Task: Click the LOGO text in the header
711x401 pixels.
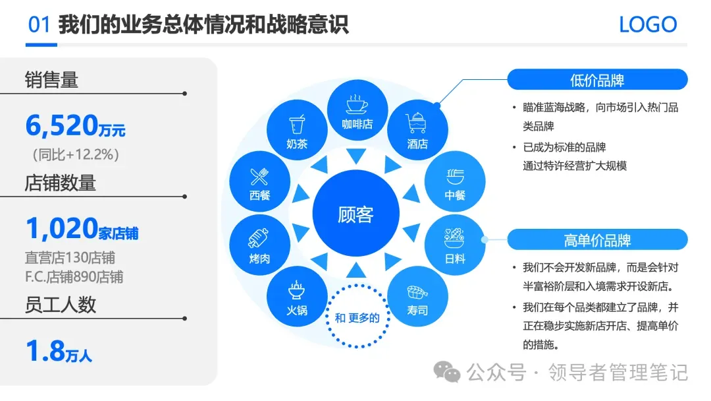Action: [648, 25]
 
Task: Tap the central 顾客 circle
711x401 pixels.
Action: [355, 214]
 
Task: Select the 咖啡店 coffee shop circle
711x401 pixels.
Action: [357, 111]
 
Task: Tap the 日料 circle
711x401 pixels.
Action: [455, 244]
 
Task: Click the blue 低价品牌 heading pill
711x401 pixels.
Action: [596, 80]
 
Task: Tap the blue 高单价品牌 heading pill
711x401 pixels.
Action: [596, 239]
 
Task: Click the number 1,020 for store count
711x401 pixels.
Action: [61, 229]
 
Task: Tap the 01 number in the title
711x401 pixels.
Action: [39, 25]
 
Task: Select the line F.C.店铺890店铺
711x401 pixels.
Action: [74, 276]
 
